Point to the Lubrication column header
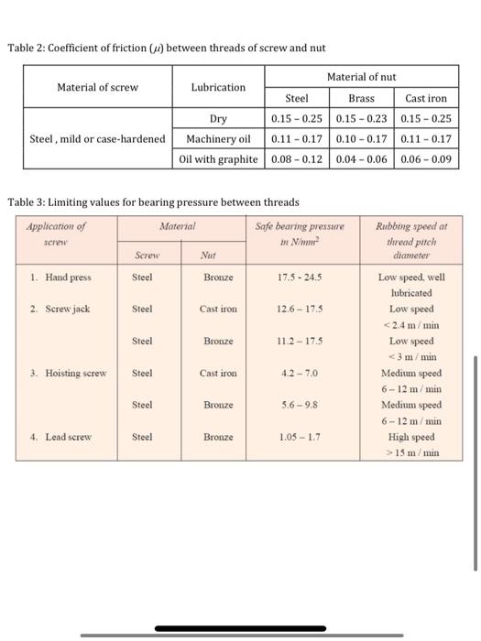[x=218, y=87]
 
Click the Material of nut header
[x=360, y=77]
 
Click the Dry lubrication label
[x=218, y=118]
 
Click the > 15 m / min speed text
[x=410, y=452]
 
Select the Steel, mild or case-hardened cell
[x=97, y=138]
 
